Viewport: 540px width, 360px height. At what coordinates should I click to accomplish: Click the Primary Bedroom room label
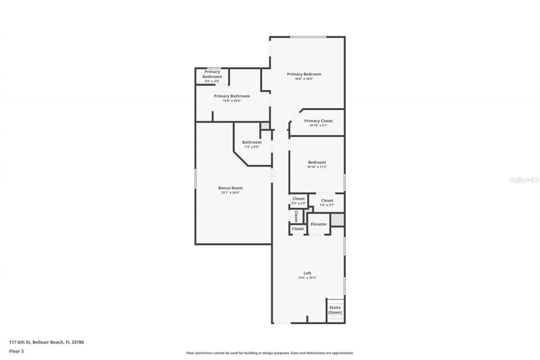point(304,74)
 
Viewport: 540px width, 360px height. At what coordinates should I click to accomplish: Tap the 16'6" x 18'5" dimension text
point(304,79)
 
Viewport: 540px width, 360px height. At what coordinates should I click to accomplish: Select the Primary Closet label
point(318,121)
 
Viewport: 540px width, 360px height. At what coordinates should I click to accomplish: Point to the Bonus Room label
point(230,188)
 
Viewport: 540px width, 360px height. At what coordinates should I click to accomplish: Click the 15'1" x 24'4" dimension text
point(230,193)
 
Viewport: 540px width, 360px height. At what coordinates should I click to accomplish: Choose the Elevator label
point(319,224)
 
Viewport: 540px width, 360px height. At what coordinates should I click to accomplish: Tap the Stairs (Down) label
point(335,310)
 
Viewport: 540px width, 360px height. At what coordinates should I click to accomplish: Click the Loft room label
point(307,273)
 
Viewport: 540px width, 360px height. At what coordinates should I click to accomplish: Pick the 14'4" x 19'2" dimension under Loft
point(307,278)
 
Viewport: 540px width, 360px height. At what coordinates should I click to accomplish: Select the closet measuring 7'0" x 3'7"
point(327,203)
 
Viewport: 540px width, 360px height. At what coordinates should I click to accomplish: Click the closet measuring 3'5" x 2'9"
point(298,200)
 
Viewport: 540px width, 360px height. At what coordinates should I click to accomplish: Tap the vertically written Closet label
point(296,216)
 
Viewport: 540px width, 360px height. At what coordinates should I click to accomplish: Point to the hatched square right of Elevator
point(337,220)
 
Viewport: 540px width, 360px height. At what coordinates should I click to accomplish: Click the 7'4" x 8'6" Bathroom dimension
point(251,147)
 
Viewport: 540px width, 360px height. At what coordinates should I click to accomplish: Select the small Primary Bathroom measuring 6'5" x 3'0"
point(212,76)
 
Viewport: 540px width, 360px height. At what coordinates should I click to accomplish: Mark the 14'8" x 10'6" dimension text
point(232,101)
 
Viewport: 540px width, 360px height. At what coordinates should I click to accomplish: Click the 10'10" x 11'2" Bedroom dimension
point(316,167)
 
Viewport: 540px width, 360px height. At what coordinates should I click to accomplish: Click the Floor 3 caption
point(16,351)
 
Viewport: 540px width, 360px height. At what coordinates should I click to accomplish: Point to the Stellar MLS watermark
point(524,180)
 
